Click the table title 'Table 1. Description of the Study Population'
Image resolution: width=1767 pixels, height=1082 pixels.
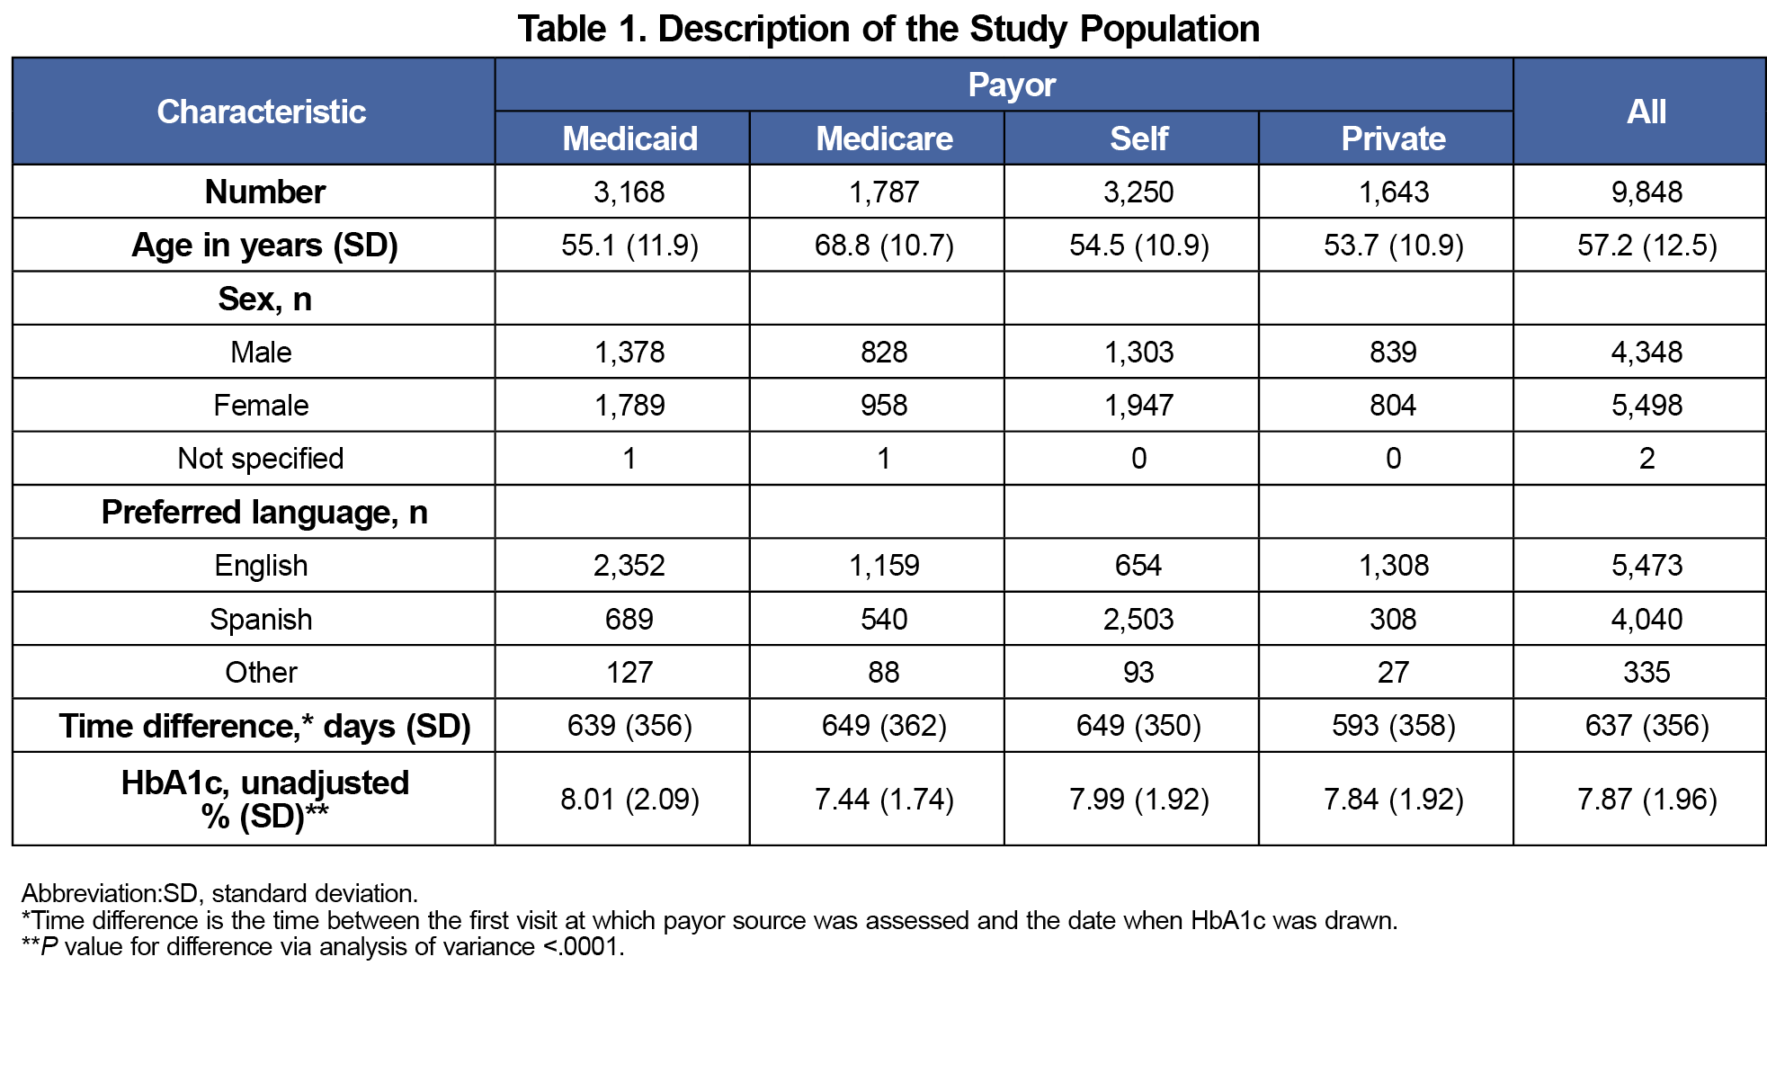pos(888,29)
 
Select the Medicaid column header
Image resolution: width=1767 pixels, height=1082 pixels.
pos(629,139)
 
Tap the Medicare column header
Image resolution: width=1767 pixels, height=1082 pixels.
pos(884,139)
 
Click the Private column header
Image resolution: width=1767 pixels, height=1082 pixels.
pos(1393,139)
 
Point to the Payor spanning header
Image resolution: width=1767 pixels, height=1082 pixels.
pos(1012,85)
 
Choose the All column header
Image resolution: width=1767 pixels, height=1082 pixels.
pos(1647,112)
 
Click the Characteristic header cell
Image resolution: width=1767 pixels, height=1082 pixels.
pos(261,112)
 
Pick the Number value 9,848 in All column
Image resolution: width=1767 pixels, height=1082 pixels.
pos(1647,192)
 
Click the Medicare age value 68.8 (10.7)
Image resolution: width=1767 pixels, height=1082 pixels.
pos(884,245)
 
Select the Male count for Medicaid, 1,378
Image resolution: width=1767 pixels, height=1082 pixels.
pos(629,352)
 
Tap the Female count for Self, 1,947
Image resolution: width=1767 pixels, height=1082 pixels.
pos(1138,405)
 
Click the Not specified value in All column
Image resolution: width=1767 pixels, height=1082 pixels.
pos(1647,459)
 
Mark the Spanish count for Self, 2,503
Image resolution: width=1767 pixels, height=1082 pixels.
pos(1138,619)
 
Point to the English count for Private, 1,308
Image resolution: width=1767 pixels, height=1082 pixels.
pos(1393,565)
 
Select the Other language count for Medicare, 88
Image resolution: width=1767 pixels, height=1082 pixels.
pos(884,672)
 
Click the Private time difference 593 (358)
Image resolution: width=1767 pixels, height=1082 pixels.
pos(1393,725)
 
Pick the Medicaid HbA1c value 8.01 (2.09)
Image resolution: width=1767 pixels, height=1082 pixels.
pos(629,799)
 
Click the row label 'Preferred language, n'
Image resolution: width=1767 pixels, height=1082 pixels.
pos(264,512)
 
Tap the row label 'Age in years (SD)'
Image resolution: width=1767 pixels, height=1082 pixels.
pos(264,245)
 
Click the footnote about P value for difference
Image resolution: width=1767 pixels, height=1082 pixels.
pos(323,947)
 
